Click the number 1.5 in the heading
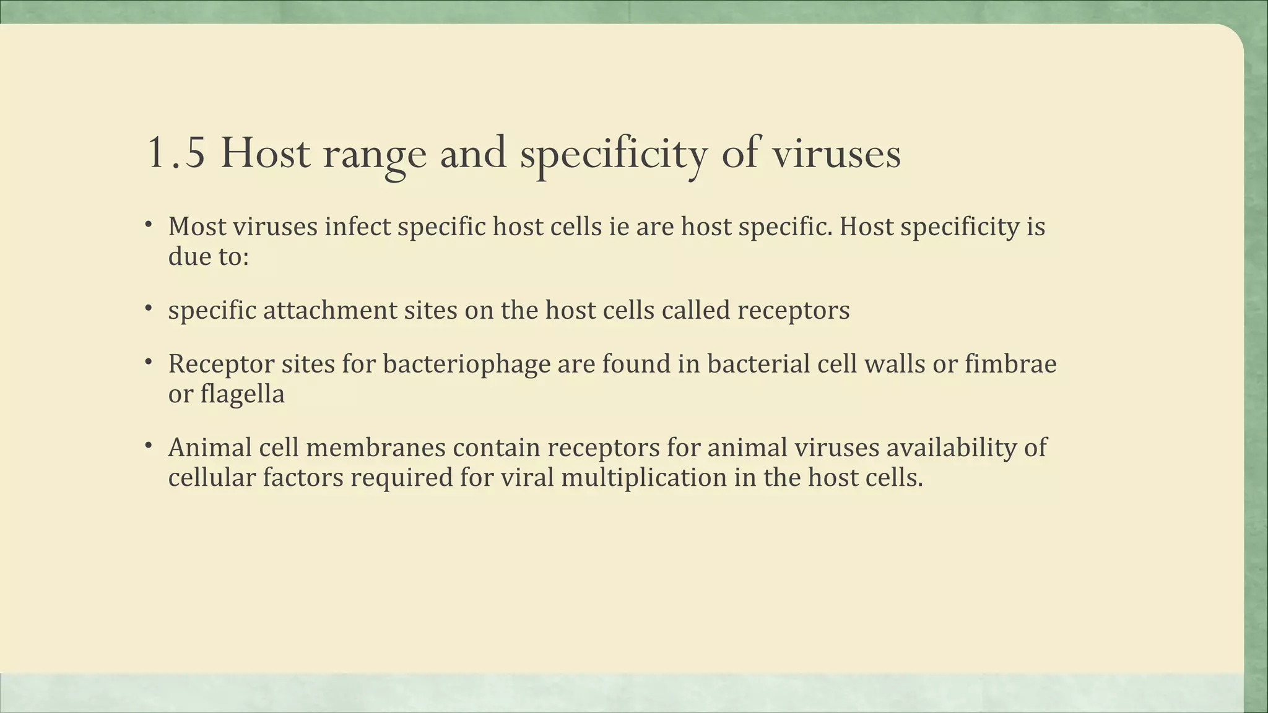(176, 153)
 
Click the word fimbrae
(1010, 363)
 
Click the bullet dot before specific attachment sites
(149, 308)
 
